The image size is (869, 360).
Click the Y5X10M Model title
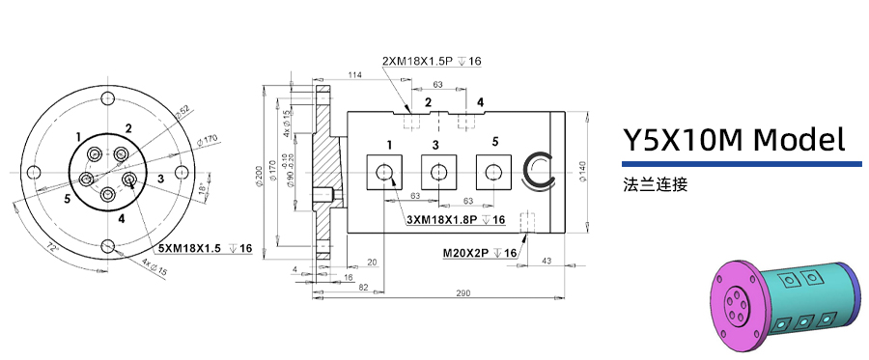coord(733,141)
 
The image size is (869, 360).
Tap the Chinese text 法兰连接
coord(656,183)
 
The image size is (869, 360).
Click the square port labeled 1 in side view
coord(385,172)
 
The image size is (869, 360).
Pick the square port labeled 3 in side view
coord(438,172)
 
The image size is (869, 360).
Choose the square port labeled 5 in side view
coord(494,172)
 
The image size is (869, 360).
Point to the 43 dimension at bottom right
coord(546,262)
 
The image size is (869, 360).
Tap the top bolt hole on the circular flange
coord(108,98)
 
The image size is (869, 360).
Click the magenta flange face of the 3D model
coord(736,299)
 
